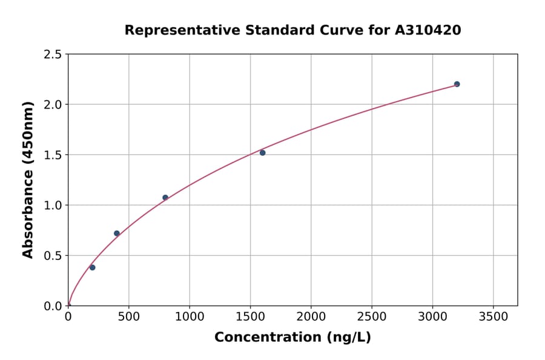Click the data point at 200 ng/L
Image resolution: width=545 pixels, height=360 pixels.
click(x=92, y=267)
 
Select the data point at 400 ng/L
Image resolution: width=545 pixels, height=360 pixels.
click(x=117, y=233)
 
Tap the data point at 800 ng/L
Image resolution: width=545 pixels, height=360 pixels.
click(x=165, y=198)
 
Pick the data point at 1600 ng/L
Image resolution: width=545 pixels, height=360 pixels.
click(x=262, y=153)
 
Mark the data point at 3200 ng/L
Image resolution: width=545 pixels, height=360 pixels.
click(x=457, y=84)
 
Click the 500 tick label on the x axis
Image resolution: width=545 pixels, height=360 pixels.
click(x=128, y=317)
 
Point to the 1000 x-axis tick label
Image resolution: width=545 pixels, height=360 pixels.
click(x=189, y=317)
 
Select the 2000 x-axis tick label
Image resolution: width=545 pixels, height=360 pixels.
click(x=311, y=317)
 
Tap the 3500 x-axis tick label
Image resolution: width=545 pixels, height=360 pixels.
click(x=493, y=317)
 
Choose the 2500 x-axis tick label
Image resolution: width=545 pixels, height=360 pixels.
click(x=371, y=317)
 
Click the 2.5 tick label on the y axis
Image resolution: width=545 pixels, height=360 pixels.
click(x=53, y=55)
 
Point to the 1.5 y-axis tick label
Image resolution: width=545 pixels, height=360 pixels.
click(x=53, y=155)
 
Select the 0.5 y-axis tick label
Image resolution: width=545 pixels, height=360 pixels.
click(x=53, y=256)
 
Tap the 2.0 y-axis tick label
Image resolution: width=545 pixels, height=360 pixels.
click(x=53, y=105)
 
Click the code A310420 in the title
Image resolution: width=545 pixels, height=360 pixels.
click(x=428, y=30)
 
